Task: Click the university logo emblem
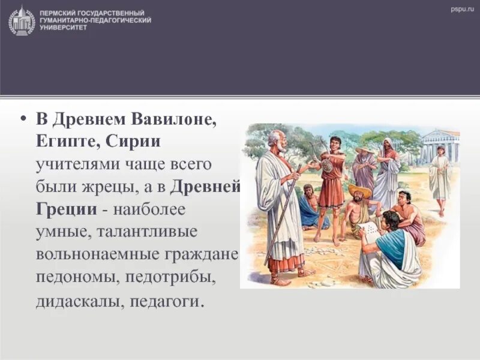click(x=22, y=20)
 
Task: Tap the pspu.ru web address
click(x=462, y=9)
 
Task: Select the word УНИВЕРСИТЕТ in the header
click(x=63, y=28)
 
